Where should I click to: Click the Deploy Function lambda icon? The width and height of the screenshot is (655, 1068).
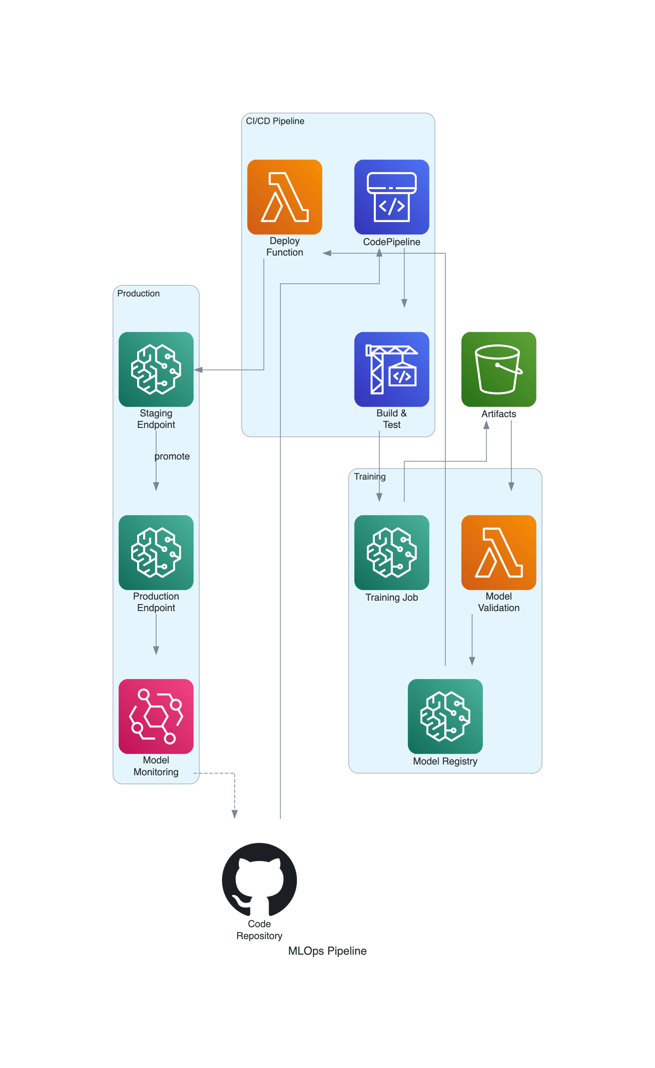(284, 197)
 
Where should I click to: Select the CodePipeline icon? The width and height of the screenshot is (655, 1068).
(391, 197)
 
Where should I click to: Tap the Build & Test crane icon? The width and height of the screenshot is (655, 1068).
(391, 369)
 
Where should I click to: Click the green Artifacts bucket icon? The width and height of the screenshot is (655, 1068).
(498, 369)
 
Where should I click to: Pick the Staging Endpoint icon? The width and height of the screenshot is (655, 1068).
(156, 369)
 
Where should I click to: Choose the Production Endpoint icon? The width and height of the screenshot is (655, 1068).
(156, 552)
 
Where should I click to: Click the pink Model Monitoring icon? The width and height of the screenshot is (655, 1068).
(156, 716)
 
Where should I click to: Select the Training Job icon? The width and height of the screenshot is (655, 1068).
(391, 552)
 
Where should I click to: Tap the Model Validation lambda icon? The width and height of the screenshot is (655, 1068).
(498, 552)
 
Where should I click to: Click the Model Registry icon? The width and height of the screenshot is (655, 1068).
(445, 716)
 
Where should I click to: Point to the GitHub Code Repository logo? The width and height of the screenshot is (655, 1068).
(259, 880)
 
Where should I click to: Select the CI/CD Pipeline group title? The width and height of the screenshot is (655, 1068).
(275, 121)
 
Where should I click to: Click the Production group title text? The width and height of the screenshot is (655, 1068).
(138, 293)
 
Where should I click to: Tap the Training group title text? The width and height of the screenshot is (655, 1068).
(370, 476)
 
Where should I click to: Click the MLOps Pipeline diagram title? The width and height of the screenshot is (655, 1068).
(327, 951)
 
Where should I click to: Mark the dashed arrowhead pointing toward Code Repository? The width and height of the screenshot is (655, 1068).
(235, 814)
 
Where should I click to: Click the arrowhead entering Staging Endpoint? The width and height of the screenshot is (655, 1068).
(198, 370)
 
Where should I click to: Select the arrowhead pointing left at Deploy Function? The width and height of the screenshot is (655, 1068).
(327, 253)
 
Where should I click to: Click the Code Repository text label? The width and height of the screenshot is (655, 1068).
(259, 930)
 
